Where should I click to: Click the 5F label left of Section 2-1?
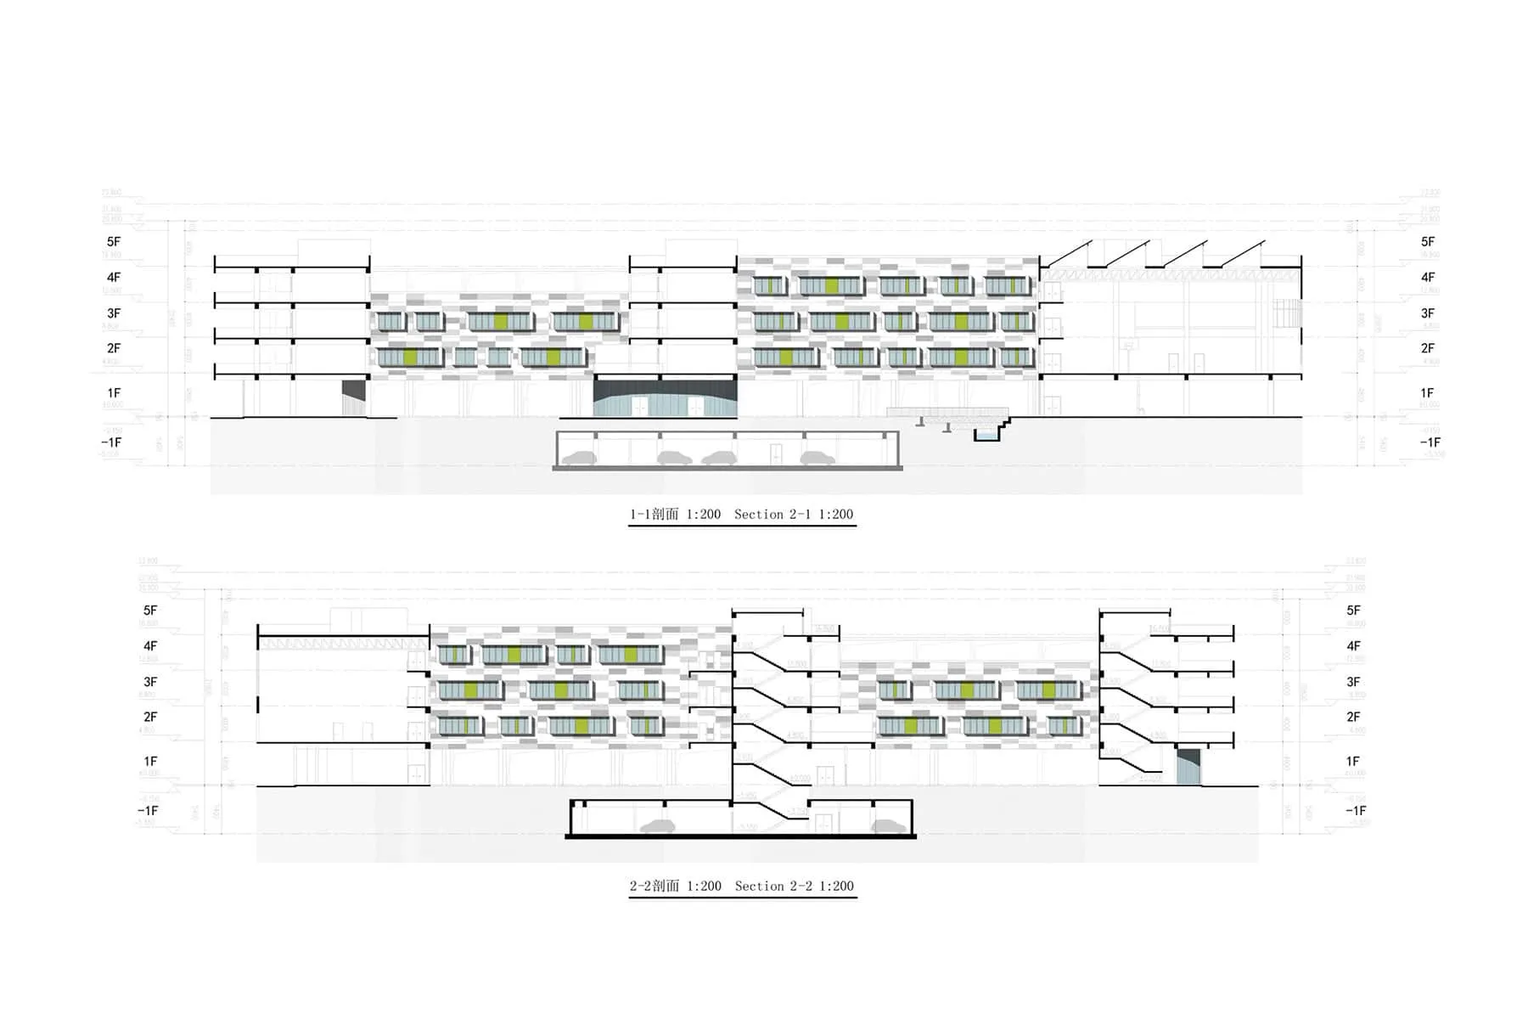114,242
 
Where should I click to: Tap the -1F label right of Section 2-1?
1430,442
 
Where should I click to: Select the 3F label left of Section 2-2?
150,682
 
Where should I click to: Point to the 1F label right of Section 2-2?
1353,762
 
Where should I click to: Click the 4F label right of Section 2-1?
1428,278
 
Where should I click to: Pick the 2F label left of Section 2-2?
150,718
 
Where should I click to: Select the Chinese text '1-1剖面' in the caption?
654,515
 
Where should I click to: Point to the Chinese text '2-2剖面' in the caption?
654,887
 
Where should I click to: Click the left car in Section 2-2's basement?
657,826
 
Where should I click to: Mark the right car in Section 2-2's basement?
887,826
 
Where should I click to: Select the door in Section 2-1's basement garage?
776,454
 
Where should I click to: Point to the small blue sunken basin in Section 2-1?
986,436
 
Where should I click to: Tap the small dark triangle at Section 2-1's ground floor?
353,390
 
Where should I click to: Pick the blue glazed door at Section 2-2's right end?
1188,771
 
